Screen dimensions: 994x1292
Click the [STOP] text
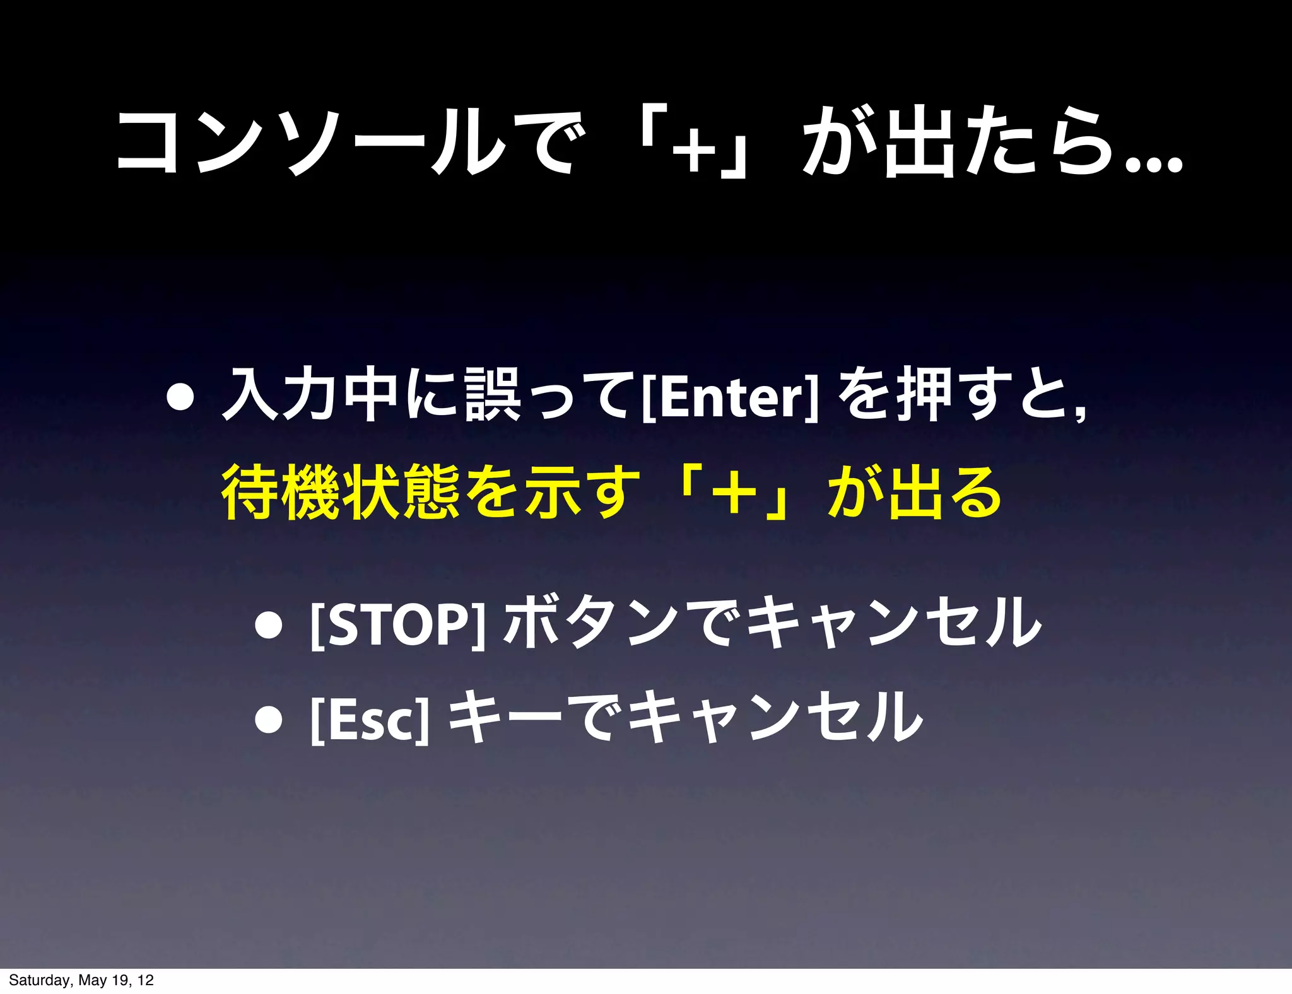coord(398,624)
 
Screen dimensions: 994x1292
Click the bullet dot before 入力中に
coord(180,397)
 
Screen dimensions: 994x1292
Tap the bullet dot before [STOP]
coord(269,625)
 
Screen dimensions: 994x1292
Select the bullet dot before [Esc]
coord(269,720)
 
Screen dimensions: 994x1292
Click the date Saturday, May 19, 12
coord(81,980)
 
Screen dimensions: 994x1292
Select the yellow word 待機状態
coord(340,492)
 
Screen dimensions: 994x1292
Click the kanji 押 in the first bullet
coord(924,395)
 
